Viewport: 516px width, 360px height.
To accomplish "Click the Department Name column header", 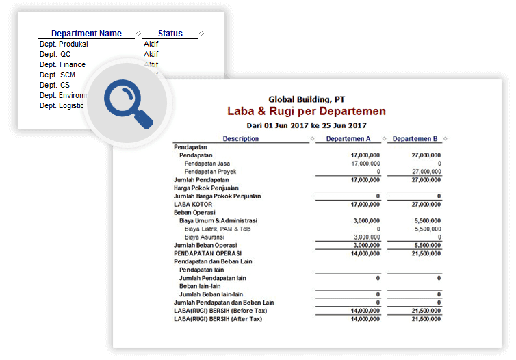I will tap(86, 34).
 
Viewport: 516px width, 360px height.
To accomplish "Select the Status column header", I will tap(170, 34).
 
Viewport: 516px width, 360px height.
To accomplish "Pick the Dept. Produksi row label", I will tap(64, 44).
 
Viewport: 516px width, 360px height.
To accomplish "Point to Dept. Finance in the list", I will tap(62, 64).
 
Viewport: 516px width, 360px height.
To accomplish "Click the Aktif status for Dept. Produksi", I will tap(151, 44).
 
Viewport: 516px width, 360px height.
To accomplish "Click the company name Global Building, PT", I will tap(307, 99).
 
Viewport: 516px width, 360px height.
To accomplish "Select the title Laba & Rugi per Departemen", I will tap(307, 111).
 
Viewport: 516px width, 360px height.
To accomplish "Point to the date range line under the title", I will tap(307, 125).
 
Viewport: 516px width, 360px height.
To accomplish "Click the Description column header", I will tap(241, 139).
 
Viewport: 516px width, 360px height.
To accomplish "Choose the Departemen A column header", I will tap(348, 139).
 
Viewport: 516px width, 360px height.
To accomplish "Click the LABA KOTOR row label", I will tap(193, 205).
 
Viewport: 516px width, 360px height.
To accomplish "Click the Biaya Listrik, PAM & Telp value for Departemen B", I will tap(428, 229).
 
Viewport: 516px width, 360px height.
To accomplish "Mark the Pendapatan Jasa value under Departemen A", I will tap(365, 164).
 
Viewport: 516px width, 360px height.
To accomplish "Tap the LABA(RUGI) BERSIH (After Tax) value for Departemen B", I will tap(426, 319).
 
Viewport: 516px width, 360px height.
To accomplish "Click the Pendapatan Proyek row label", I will tap(211, 172).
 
